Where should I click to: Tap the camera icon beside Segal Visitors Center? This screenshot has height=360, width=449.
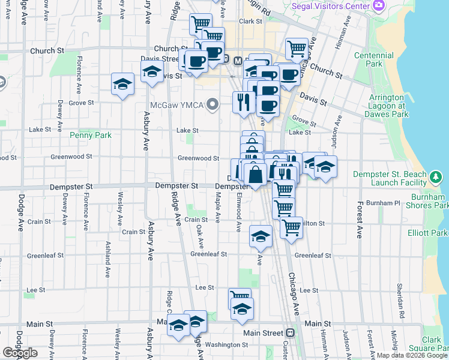[x=378, y=5]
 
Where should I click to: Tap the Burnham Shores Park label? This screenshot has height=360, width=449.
[x=430, y=201]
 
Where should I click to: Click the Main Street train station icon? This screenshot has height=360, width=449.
[x=291, y=332]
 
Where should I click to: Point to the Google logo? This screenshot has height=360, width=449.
[x=20, y=353]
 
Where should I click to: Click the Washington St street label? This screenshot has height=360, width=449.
[x=222, y=345]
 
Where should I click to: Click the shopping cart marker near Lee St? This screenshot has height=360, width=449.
[x=240, y=297]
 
